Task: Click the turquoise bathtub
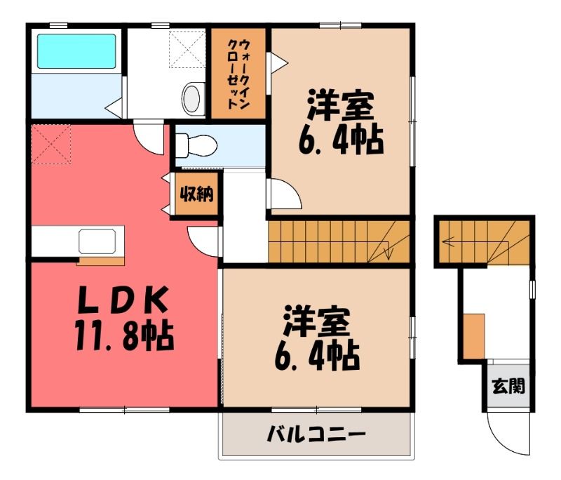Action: [76, 51]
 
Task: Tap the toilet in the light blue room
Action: [196, 145]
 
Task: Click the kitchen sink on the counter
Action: [97, 241]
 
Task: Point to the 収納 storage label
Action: [196, 194]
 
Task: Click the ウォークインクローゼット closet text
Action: [238, 74]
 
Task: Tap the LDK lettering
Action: [123, 300]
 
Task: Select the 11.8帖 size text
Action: [124, 336]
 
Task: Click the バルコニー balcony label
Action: [317, 434]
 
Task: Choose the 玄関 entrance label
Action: [508, 386]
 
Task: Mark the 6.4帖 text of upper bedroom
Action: [341, 140]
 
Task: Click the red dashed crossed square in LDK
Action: [51, 145]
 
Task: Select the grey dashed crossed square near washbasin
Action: [187, 49]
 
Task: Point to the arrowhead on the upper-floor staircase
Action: [388, 253]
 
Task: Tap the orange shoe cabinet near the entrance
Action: [474, 335]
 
